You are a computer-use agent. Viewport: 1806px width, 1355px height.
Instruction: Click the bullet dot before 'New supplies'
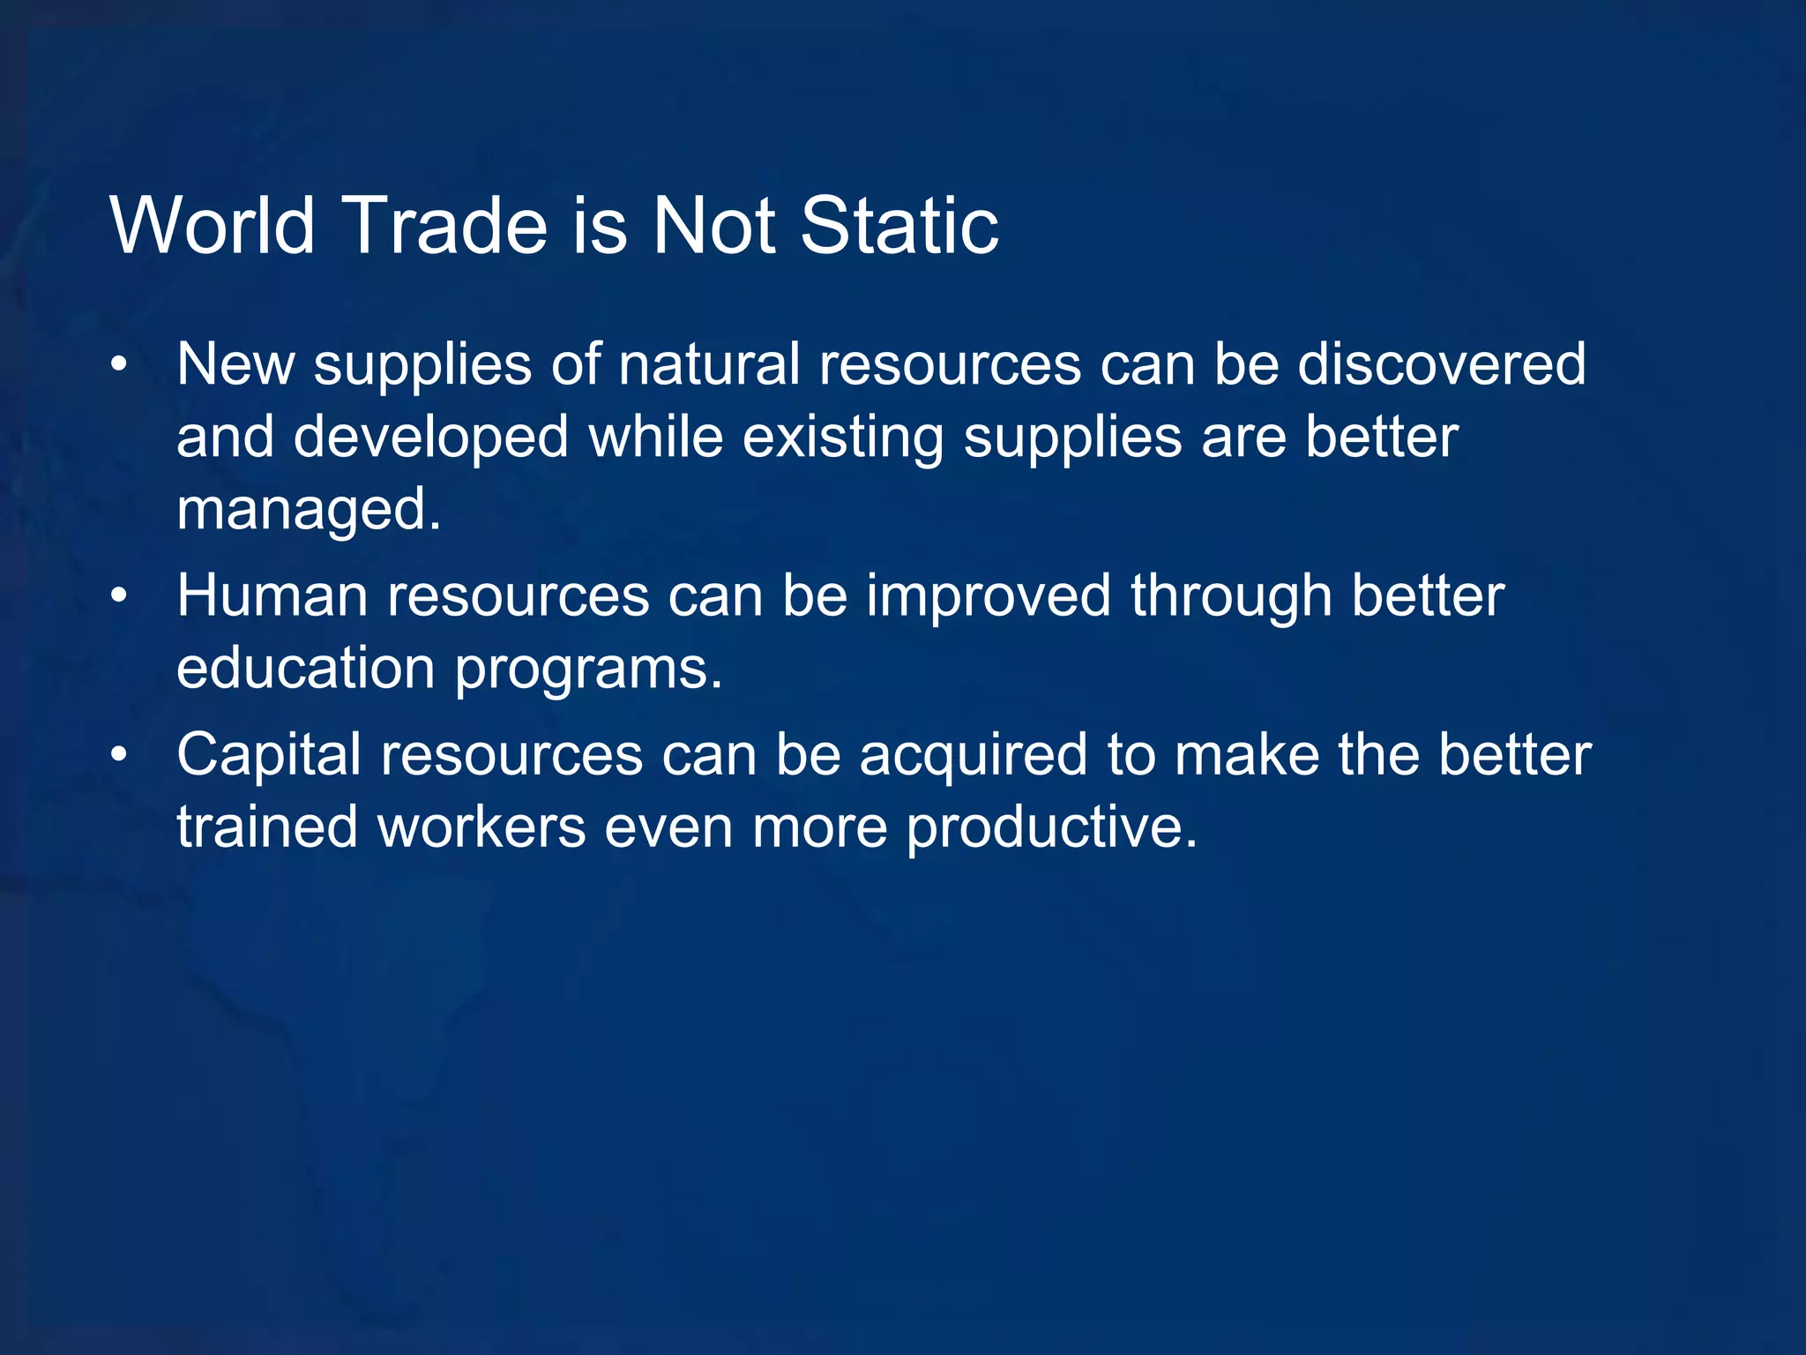120,364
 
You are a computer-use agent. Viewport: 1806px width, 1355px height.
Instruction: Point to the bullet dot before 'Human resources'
120,596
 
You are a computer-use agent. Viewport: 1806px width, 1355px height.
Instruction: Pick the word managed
308,511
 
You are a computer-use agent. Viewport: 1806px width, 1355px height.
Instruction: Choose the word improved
988,597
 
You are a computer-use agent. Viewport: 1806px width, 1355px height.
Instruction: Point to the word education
305,668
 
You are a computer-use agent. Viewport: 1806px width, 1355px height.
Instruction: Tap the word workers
481,827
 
